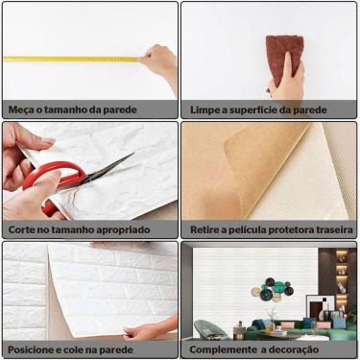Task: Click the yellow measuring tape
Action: click(x=67, y=59)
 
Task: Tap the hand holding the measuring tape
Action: click(x=161, y=67)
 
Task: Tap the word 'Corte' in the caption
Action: click(x=23, y=230)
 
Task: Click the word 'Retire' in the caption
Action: click(x=207, y=230)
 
